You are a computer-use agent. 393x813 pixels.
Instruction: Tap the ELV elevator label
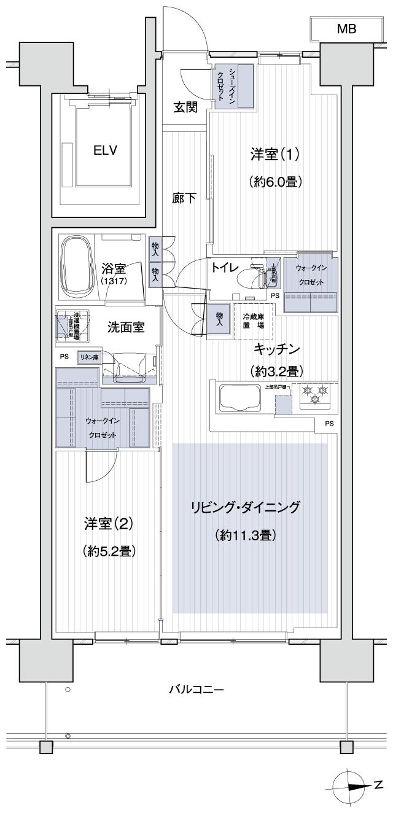(x=105, y=151)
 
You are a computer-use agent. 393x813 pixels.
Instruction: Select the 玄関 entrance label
(x=185, y=107)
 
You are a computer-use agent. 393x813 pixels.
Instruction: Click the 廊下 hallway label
(x=184, y=198)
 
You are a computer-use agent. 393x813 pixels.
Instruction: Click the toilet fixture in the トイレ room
(x=253, y=278)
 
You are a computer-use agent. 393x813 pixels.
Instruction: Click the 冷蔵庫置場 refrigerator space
(x=253, y=321)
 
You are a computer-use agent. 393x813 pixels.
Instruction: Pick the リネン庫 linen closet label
(x=88, y=356)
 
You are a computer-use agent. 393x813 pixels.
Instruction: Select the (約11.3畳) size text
(x=246, y=535)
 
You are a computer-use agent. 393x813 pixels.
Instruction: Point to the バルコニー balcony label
(x=196, y=689)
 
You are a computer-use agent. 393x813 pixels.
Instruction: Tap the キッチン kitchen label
(x=278, y=349)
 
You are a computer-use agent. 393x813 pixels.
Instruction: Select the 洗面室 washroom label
(x=126, y=327)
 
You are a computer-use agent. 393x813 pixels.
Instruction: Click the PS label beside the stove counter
(x=330, y=423)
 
